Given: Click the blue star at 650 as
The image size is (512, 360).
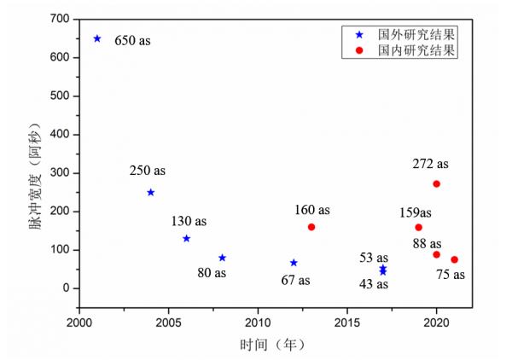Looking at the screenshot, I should click(97, 38).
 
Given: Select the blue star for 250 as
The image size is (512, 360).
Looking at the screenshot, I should click(151, 192).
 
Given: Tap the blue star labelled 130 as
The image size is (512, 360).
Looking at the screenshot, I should click(186, 238).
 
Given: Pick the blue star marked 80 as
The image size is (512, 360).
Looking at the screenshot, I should click(222, 258).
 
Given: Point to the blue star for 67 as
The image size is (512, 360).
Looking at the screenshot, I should click(294, 263).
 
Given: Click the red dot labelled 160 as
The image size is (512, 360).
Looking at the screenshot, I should click(311, 227).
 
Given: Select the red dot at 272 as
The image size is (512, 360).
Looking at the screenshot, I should click(436, 183).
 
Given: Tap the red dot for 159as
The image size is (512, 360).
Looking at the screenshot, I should click(418, 227).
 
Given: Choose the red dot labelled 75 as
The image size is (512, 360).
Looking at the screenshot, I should click(454, 259).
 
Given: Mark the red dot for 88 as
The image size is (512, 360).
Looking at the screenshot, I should click(436, 254).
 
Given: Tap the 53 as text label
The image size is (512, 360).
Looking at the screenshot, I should click(374, 258).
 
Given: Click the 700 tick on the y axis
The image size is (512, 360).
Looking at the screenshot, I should click(60, 19).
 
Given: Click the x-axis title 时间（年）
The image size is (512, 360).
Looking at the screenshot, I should click(271, 345).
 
